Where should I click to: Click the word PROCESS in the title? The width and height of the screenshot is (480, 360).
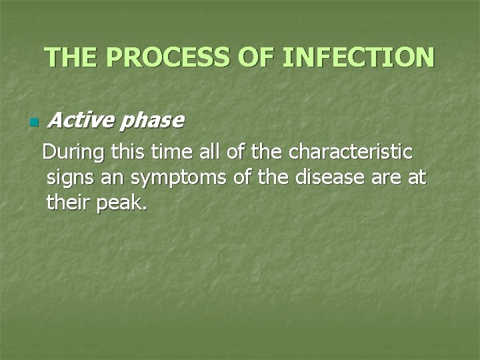click(177, 57)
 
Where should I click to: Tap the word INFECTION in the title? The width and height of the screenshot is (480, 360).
click(358, 57)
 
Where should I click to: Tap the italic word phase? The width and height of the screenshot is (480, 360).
click(153, 120)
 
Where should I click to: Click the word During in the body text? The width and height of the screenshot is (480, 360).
click(74, 153)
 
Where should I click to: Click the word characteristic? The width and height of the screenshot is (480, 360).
click(351, 153)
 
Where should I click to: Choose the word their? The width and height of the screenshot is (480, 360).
click(69, 203)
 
